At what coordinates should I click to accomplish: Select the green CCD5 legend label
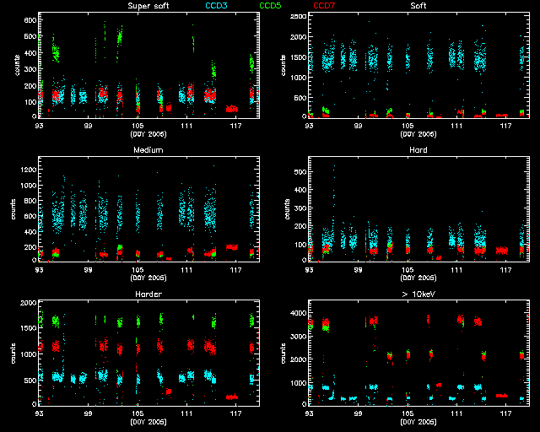coord(271,6)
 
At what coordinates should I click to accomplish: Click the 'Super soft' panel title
coord(147,6)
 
